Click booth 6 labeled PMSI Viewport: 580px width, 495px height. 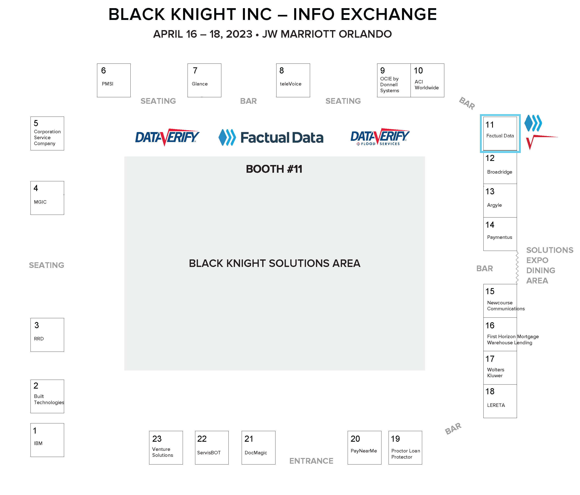114,80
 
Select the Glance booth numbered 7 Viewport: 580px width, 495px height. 204,80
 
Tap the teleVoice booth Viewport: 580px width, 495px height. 293,80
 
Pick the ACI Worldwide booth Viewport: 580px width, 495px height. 427,80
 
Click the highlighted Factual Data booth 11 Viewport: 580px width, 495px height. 500,133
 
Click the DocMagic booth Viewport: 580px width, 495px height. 258,448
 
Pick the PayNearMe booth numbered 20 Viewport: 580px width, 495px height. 365,448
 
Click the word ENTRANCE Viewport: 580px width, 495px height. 311,461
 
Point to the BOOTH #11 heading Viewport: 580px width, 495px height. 274,169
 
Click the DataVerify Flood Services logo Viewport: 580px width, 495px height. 380,137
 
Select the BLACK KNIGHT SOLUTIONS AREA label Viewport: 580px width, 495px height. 275,263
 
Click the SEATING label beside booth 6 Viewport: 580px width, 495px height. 158,101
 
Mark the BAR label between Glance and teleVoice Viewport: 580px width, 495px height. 248,101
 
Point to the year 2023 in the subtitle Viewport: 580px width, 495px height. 239,34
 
